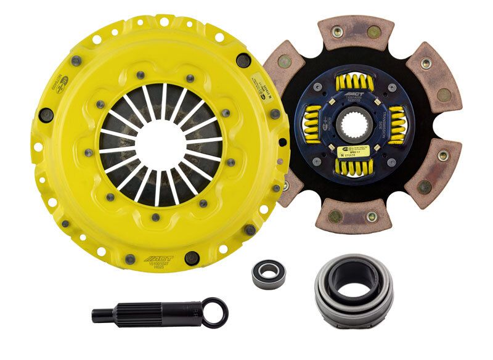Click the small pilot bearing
click(x=266, y=271)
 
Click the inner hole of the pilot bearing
click(x=266, y=271)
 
